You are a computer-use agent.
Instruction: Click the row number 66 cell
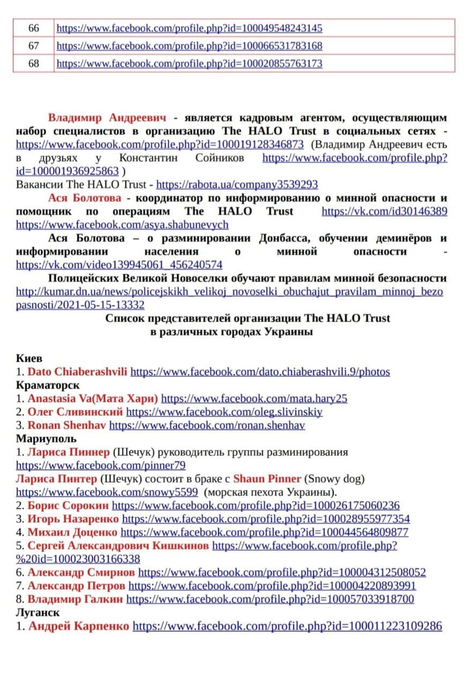(x=34, y=28)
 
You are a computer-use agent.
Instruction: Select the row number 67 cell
(x=34, y=46)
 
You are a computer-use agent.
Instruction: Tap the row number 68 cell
(x=34, y=63)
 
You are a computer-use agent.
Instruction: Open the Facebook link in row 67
(x=189, y=46)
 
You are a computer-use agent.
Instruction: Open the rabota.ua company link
(x=236, y=185)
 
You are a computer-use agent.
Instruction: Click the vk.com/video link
(x=119, y=265)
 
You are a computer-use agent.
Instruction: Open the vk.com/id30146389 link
(x=384, y=211)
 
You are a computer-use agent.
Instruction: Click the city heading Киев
(x=29, y=358)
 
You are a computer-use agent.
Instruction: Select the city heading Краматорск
(x=48, y=385)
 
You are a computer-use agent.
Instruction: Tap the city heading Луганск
(x=38, y=612)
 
